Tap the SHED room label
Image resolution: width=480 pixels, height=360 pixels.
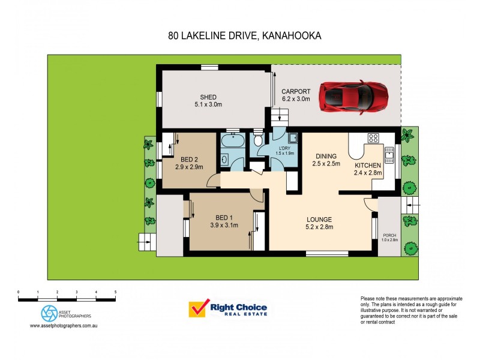click(x=208, y=97)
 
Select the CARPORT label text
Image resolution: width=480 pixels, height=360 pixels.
click(x=296, y=92)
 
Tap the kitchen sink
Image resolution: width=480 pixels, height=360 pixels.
click(x=389, y=155)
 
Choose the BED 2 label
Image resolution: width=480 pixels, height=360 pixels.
click(x=190, y=160)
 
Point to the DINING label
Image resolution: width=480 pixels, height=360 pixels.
click(x=328, y=156)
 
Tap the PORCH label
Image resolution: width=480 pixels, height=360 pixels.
click(x=389, y=235)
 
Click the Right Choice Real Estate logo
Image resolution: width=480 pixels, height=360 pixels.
click(x=228, y=310)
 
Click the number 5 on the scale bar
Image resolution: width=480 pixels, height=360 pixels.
click(x=115, y=292)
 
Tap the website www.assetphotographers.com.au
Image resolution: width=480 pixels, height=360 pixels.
click(x=64, y=326)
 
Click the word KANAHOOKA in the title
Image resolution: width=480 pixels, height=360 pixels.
click(x=292, y=35)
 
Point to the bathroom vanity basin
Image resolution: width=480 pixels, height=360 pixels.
click(x=223, y=160)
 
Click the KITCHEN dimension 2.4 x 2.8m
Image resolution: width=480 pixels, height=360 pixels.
click(x=367, y=173)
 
